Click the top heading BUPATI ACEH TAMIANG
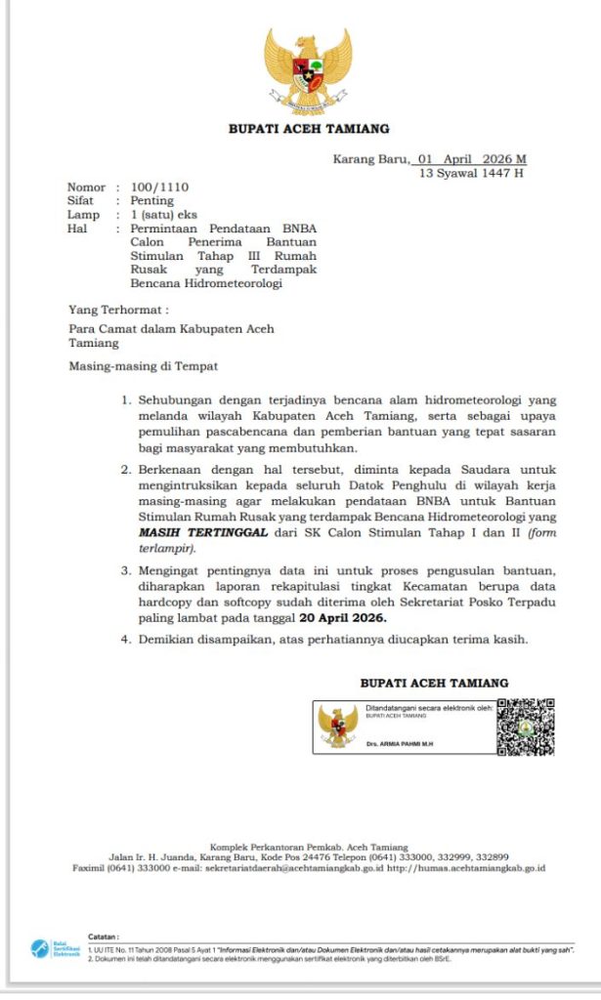[x=308, y=129]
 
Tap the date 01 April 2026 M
[x=471, y=159]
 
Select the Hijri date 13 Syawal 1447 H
[x=471, y=173]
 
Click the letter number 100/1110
[x=159, y=187]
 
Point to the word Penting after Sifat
[x=151, y=201]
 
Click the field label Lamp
[x=83, y=215]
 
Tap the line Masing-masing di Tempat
[x=143, y=366]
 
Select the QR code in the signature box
[x=525, y=727]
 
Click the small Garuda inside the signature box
[x=338, y=727]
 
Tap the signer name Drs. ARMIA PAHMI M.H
[x=399, y=744]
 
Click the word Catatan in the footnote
[x=104, y=937]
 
